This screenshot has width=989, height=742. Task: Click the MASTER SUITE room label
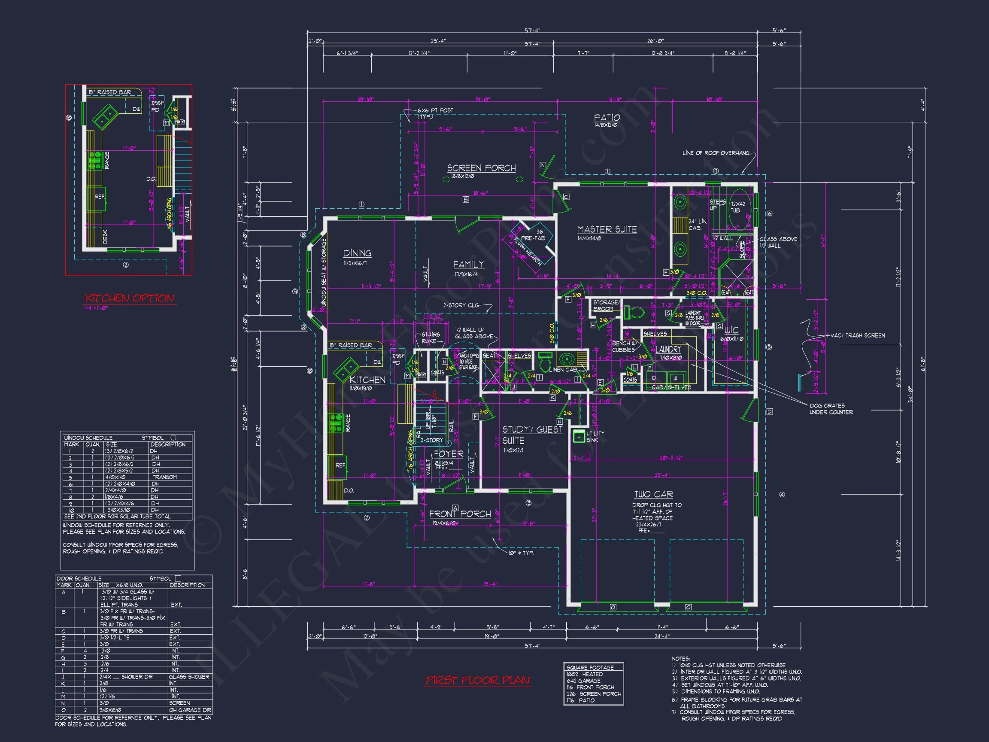[607, 229]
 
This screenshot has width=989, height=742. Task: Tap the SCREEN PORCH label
[481, 168]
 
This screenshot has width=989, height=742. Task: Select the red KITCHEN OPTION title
[129, 298]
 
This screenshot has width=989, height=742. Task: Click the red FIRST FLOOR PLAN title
[477, 680]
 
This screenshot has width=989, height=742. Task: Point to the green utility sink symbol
[579, 437]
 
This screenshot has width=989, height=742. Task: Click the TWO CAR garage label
[653, 494]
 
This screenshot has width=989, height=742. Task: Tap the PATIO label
[607, 118]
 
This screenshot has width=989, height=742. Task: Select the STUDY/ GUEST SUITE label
[532, 435]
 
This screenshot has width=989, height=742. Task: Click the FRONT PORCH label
[460, 514]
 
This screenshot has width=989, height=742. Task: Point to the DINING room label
[357, 253]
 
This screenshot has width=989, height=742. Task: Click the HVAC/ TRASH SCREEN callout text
[856, 335]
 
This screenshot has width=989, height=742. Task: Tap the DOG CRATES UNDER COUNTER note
[831, 409]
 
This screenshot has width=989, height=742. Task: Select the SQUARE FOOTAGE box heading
[590, 667]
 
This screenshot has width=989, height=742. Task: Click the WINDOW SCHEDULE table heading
[88, 438]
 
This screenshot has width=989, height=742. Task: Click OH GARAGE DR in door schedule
[190, 710]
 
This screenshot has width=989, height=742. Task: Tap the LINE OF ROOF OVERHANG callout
[716, 153]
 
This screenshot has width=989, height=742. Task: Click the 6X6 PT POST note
[435, 110]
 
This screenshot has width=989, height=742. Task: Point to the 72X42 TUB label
[738, 207]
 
